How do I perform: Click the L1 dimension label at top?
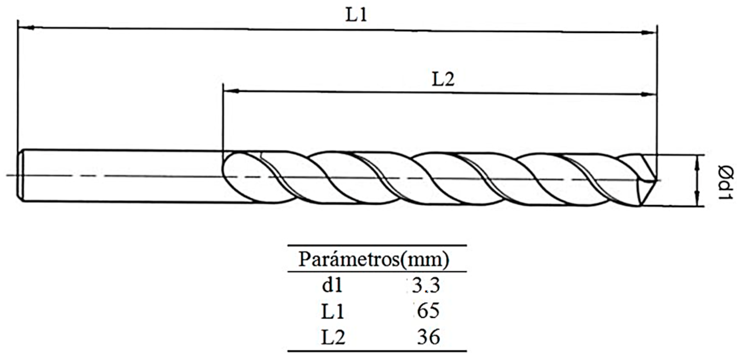(356, 15)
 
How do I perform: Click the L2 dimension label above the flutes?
(443, 79)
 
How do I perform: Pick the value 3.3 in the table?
(426, 286)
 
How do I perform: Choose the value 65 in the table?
(428, 311)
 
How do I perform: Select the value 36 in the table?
(428, 337)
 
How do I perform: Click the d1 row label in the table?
(332, 286)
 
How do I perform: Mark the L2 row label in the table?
(333, 337)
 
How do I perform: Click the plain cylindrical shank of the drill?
(121, 176)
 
